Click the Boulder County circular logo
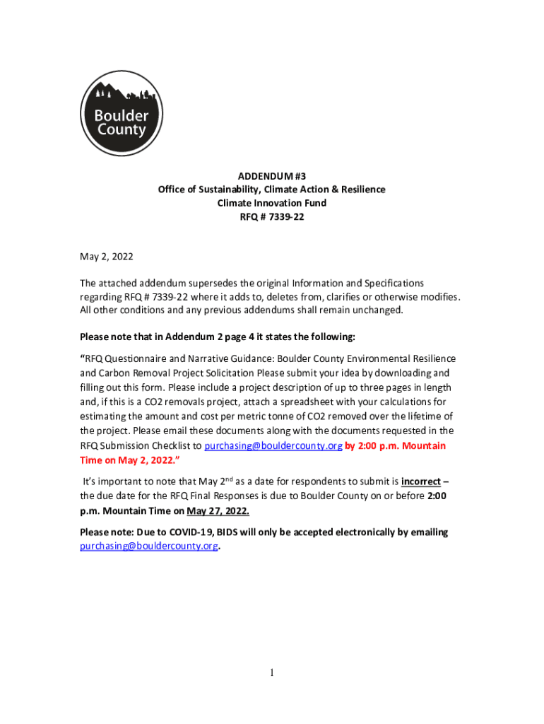point(122,114)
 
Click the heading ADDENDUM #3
point(272,175)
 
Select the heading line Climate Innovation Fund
point(272,204)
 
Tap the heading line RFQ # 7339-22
point(272,218)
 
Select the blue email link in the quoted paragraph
point(273,446)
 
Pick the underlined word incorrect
point(420,482)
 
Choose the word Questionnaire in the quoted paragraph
point(146,358)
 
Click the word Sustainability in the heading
point(220,189)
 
